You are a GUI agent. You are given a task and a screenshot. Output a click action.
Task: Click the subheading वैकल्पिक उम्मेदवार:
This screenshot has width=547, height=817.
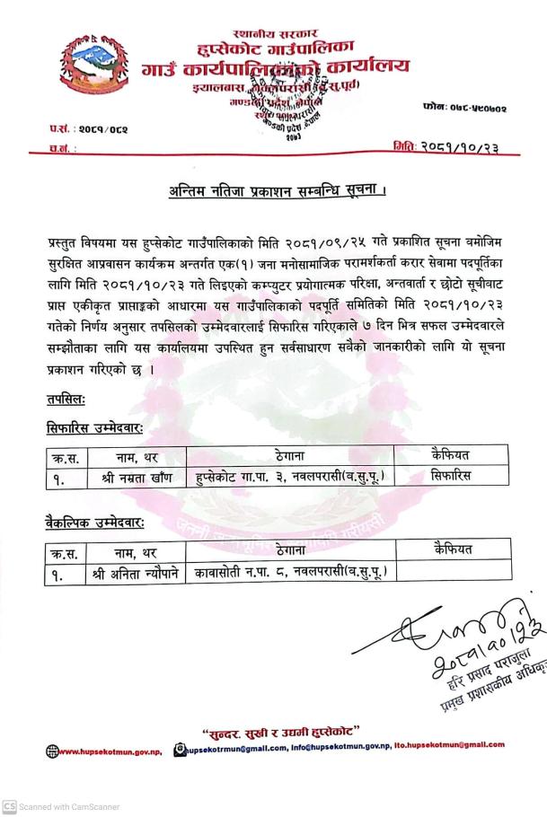tap(96, 522)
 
